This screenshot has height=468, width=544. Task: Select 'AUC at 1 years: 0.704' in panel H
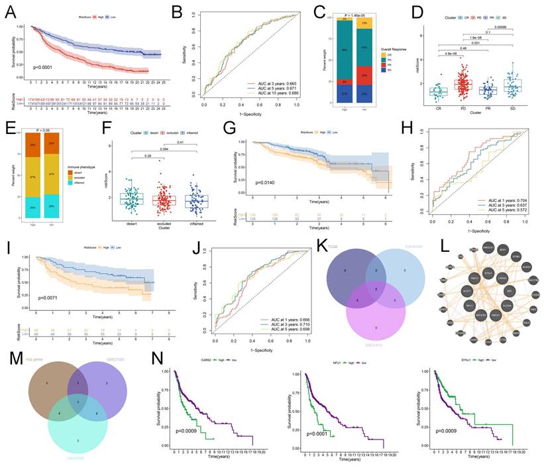click(503, 201)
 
